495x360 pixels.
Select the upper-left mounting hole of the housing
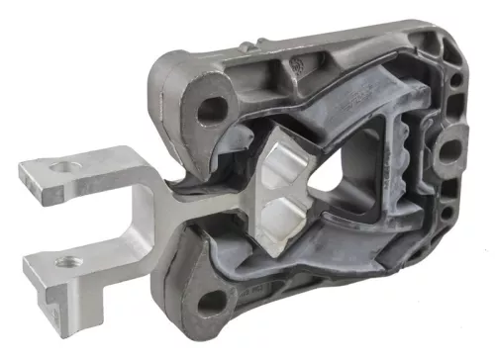tap(210, 110)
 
